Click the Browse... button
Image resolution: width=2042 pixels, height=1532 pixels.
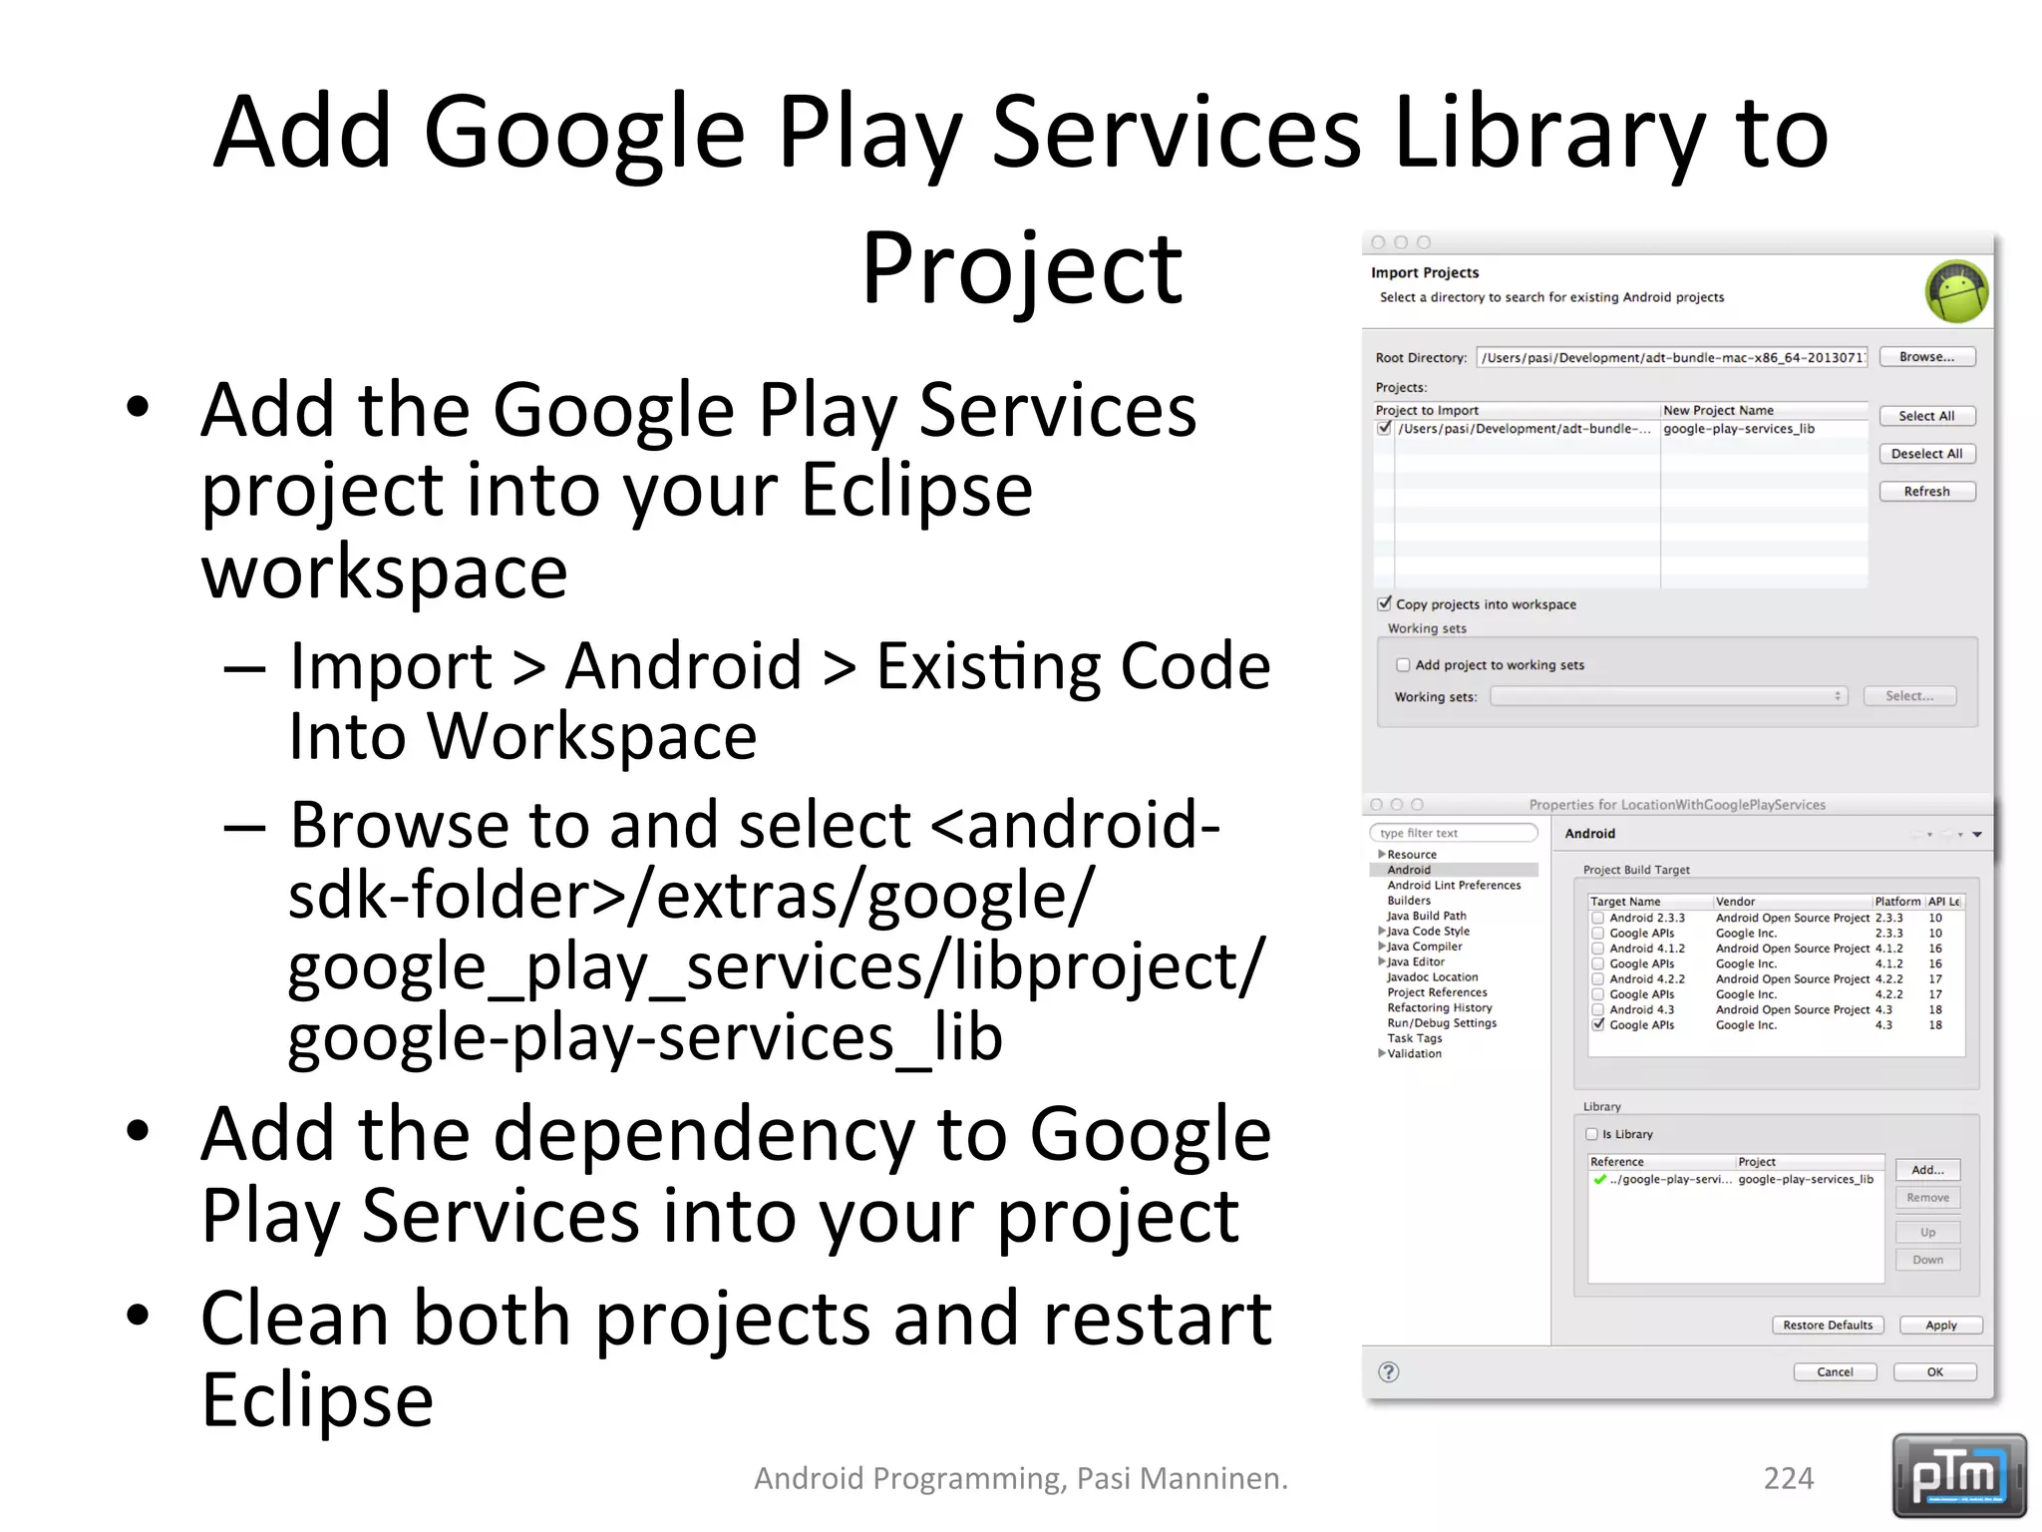point(1926,357)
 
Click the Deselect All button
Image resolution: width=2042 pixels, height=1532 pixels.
point(1926,454)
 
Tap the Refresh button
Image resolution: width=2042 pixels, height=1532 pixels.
point(1926,492)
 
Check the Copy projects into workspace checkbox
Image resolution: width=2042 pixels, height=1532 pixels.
point(1384,603)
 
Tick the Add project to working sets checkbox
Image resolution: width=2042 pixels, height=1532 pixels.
point(1403,664)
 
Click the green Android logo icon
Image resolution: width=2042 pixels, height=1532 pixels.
point(1956,291)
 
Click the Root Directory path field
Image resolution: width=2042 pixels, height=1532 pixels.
point(1671,358)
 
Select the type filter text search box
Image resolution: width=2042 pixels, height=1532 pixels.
point(1453,833)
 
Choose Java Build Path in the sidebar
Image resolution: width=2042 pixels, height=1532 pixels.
point(1426,916)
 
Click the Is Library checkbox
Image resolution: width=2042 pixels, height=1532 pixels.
point(1592,1134)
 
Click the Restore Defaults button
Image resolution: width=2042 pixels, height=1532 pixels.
point(1828,1326)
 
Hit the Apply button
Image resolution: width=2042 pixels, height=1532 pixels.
point(1940,1326)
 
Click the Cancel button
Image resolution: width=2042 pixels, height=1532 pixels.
point(1835,1372)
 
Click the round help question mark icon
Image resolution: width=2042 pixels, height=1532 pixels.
point(1388,1372)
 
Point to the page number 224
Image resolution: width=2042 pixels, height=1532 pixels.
point(1788,1478)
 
